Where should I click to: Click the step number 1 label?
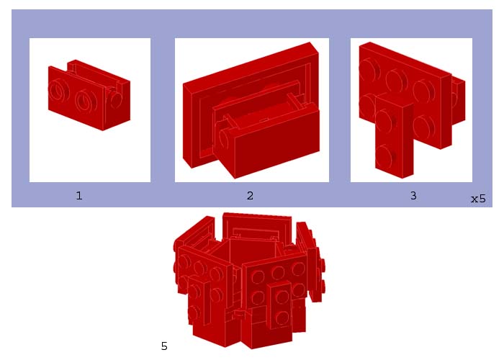[79, 195]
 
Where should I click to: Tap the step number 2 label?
[250, 195]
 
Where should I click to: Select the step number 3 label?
[413, 195]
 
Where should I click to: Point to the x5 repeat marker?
[478, 199]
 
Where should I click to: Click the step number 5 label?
[164, 346]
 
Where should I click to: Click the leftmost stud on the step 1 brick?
[55, 91]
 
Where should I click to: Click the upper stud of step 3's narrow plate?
[386, 118]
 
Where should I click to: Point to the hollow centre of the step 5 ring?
[248, 252]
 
